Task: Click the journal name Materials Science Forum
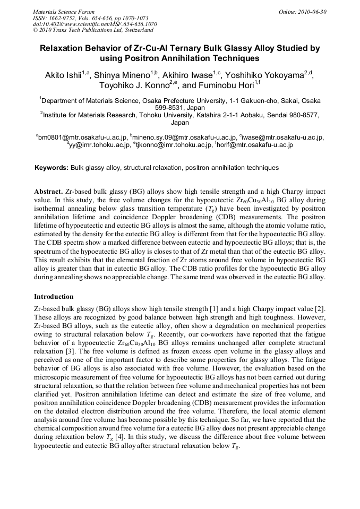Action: click(64, 11)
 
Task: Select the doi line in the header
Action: click(95, 24)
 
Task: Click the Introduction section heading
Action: click(54, 297)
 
